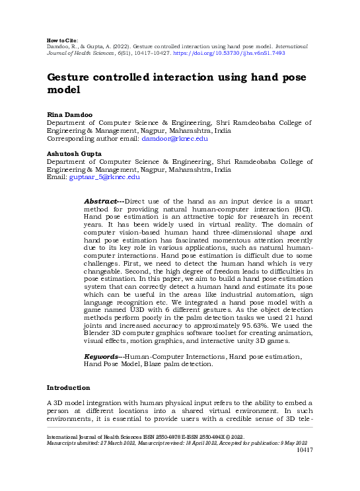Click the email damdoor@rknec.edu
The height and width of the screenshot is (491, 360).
(x=175, y=139)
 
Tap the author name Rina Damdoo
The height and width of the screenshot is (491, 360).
(x=67, y=114)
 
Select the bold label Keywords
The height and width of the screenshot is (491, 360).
(x=103, y=356)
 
